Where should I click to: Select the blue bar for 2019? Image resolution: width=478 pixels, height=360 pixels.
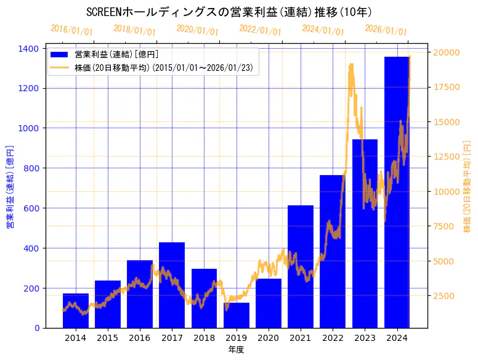pos(237,315)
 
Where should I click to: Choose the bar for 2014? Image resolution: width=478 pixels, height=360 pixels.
pos(76,311)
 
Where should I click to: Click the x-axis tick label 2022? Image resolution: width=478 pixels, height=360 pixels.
pos(333,338)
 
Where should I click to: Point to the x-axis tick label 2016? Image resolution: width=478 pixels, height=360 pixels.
pos(140,338)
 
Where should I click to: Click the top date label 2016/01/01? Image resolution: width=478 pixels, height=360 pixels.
pos(71,30)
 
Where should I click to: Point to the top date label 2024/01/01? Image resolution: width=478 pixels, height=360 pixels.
pos(323,30)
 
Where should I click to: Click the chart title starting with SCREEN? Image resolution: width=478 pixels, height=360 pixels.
pos(229,12)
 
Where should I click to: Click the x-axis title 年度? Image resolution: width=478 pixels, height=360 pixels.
pos(237,350)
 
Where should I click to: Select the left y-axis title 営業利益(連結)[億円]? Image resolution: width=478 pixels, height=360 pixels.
pos(9,187)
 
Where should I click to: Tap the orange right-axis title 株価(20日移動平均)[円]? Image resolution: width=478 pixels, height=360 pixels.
pos(467,187)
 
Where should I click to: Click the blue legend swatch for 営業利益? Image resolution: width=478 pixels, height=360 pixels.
pos(61,54)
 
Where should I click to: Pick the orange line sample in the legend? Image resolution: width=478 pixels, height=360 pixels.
pos(61,67)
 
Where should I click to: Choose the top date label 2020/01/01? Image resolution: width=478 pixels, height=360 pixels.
pos(197,30)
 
